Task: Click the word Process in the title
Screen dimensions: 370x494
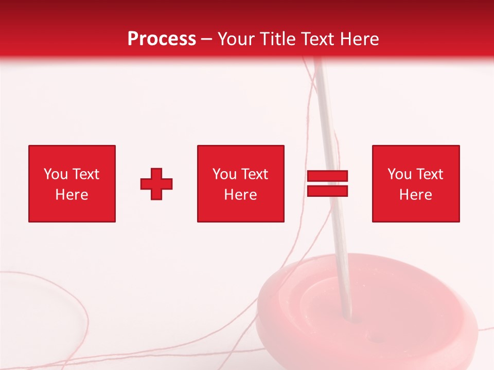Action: pos(162,39)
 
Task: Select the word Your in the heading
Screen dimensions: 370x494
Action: pos(238,39)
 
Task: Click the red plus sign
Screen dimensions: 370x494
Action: pos(156,184)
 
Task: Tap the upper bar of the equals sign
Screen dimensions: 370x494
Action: pos(327,176)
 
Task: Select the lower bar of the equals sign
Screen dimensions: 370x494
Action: pos(327,191)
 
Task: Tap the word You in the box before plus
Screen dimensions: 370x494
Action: pos(56,174)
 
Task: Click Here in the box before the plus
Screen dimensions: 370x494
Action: pos(72,195)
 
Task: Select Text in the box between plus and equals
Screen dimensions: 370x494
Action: pos(255,174)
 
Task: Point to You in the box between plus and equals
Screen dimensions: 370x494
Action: pos(224,174)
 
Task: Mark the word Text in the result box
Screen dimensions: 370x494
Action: pos(430,174)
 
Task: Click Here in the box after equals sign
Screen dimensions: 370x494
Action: pos(415,195)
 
